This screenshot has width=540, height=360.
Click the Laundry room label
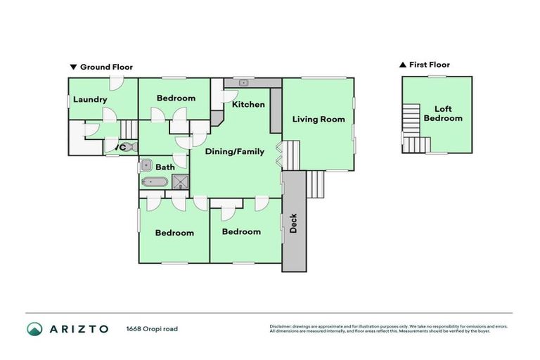[90, 99]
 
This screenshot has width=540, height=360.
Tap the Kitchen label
[248, 105]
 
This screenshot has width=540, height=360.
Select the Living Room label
[319, 119]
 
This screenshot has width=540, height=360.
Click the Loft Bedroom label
[443, 113]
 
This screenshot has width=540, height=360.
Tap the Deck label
[294, 223]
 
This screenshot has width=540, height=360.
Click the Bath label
[165, 167]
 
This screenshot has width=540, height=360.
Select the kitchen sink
[243, 83]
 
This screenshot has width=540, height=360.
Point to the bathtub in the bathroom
[153, 182]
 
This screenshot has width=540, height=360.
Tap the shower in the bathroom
[181, 182]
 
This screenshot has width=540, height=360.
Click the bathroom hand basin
[145, 166]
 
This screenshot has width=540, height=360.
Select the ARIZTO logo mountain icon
[34, 328]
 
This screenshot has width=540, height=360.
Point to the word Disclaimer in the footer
[282, 326]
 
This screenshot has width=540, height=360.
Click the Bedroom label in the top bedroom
[176, 98]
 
